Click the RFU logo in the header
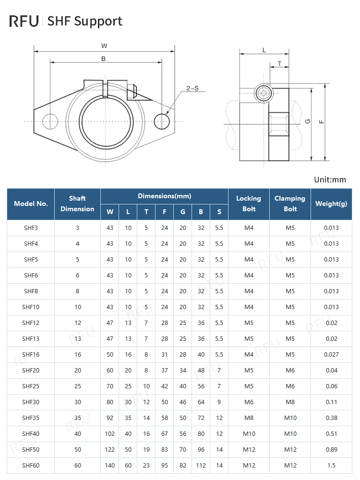point(24,21)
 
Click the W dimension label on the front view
point(104,46)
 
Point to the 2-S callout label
point(192,88)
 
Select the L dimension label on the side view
point(264,49)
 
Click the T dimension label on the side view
point(279,63)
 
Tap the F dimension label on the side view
point(322,121)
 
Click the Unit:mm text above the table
point(330,180)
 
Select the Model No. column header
point(31,204)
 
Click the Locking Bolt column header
point(249,204)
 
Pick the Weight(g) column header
point(331,204)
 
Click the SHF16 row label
point(31,355)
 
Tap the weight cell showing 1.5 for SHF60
point(331,466)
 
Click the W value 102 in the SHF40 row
point(110,434)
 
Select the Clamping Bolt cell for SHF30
point(290,402)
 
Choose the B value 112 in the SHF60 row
point(201,466)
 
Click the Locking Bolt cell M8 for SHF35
point(249,418)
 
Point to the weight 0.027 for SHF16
point(331,355)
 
